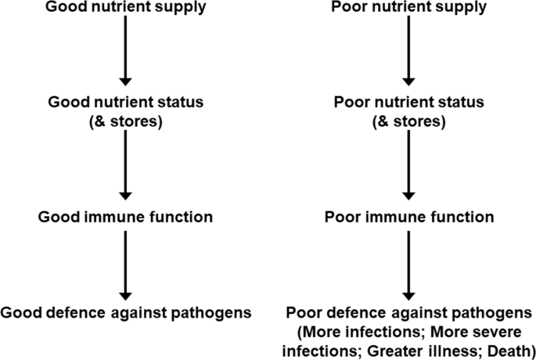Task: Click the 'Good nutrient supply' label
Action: pos(125,8)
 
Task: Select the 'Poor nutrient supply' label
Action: pos(409,8)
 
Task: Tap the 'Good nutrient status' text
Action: pos(125,103)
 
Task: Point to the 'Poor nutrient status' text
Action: pos(409,103)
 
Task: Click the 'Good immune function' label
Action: pos(125,215)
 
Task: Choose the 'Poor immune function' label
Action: pos(409,215)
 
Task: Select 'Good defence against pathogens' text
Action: pos(125,312)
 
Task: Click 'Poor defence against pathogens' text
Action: pos(409,312)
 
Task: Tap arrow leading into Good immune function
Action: pos(125,164)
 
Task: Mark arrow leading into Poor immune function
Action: pos(409,164)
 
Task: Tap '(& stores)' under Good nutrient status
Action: pos(125,122)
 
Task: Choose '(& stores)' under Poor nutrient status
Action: pos(409,122)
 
